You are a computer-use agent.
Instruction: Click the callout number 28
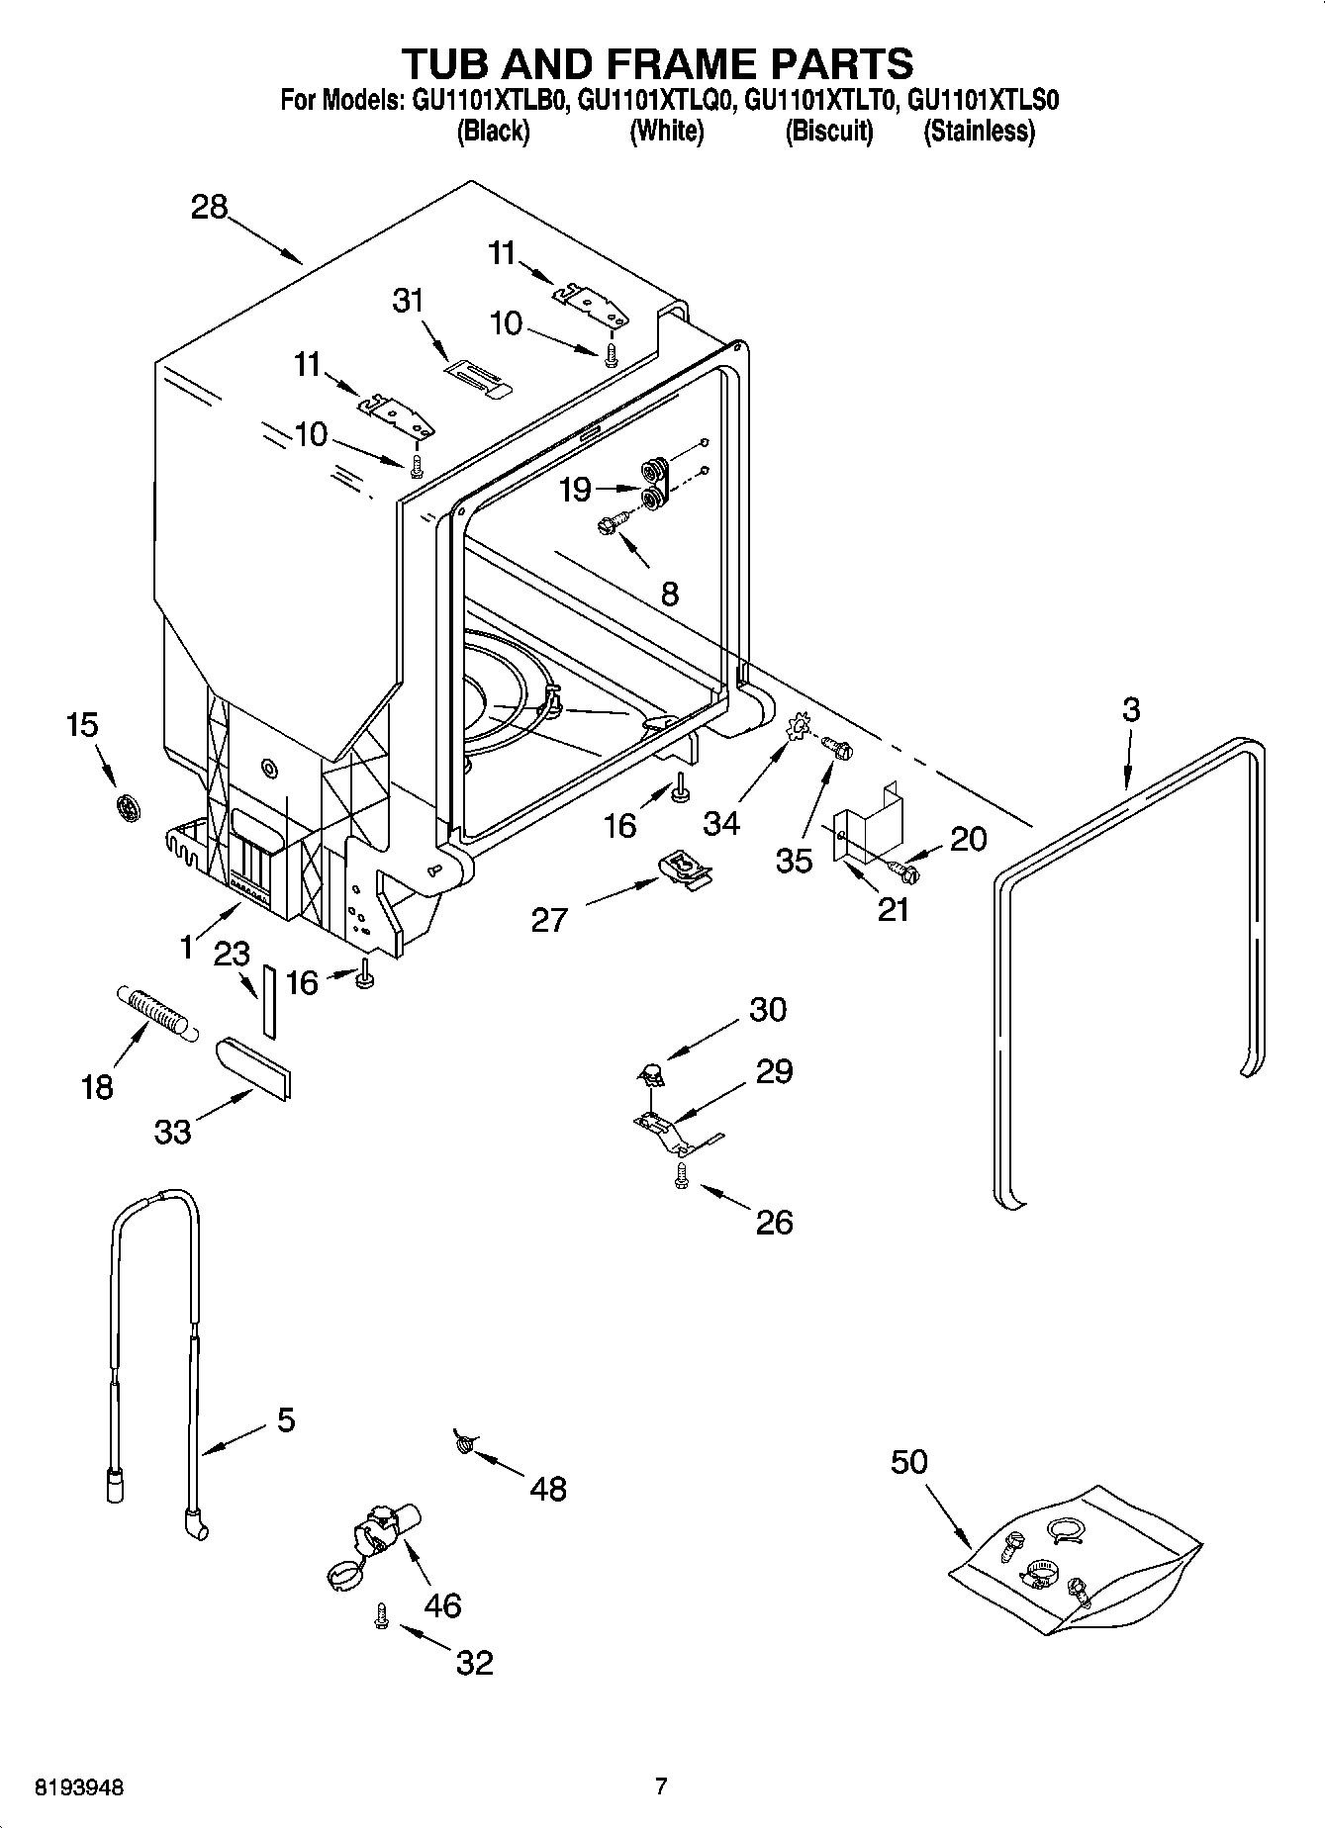[x=210, y=208]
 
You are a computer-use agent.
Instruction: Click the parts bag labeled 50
[x=1075, y=1556]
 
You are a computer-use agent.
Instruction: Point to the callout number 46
[x=442, y=1604]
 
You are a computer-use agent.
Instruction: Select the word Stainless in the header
[x=979, y=132]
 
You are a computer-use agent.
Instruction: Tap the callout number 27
[x=549, y=920]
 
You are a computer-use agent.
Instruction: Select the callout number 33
[x=172, y=1132]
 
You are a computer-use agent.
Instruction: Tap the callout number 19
[x=575, y=490]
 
